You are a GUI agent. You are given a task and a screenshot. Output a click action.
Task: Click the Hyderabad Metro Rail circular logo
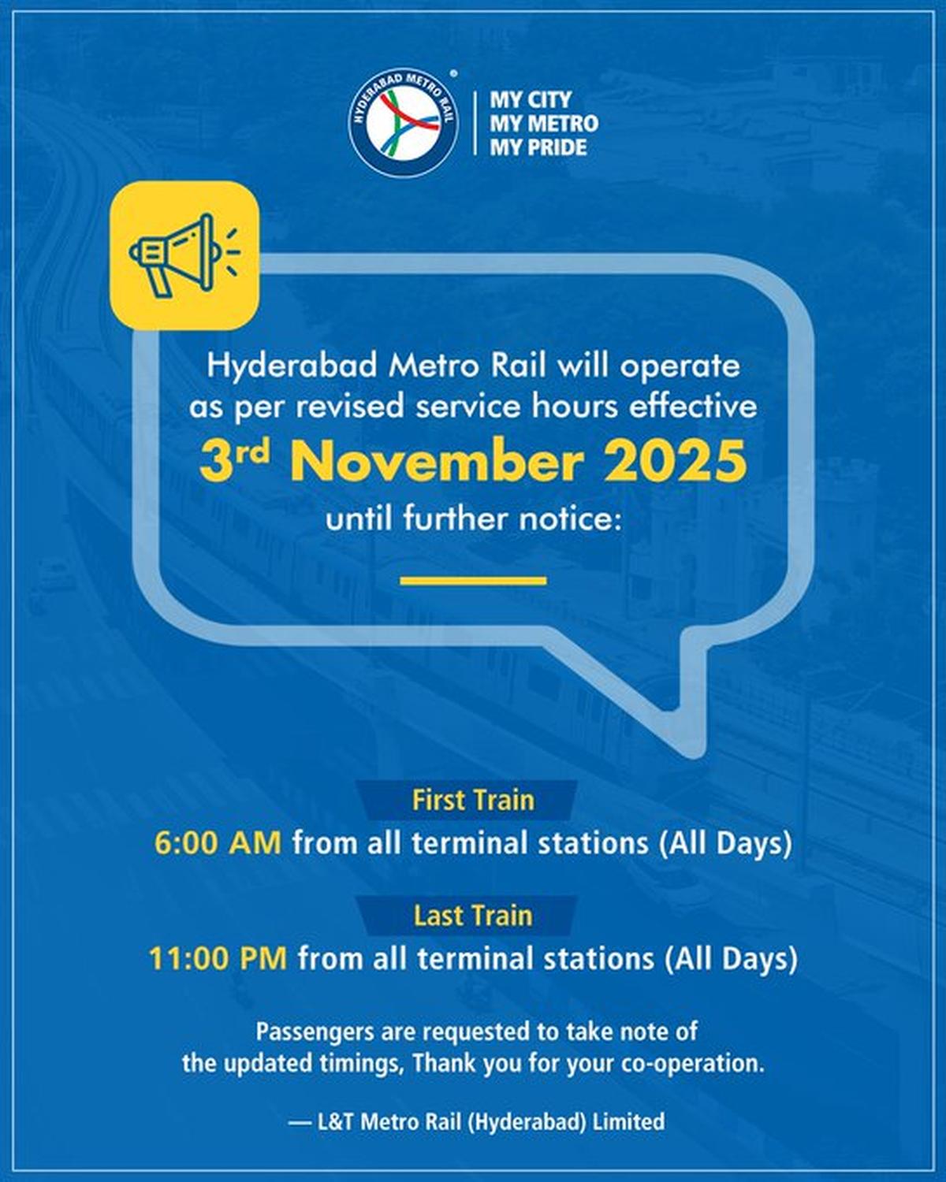[x=404, y=123]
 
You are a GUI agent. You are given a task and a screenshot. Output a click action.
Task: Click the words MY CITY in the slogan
[x=531, y=100]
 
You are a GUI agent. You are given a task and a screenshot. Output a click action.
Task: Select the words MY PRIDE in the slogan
[x=538, y=147]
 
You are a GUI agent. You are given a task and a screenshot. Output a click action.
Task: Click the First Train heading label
[x=473, y=801]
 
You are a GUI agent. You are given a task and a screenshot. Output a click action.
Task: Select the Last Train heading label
[x=473, y=916]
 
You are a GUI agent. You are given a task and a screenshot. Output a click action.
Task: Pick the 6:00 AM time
[x=218, y=843]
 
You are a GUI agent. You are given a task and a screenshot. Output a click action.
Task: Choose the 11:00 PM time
[x=218, y=959]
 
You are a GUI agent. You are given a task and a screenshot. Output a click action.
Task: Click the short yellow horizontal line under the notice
[x=473, y=581]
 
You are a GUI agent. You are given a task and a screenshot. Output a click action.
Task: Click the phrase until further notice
[x=470, y=520]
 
